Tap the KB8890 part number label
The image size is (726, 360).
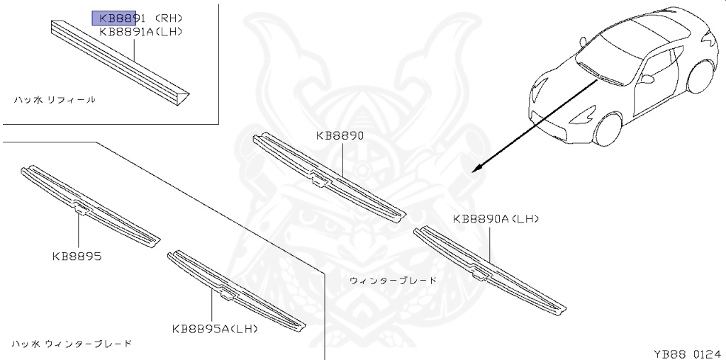[340, 136]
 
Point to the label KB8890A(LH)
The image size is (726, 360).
[496, 220]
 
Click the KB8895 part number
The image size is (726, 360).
[76, 257]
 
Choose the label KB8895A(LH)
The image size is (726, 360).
[215, 328]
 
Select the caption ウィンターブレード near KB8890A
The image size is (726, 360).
[393, 281]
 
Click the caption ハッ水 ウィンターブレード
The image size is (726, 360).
[72, 344]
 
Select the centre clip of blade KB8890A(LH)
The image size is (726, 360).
[481, 271]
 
